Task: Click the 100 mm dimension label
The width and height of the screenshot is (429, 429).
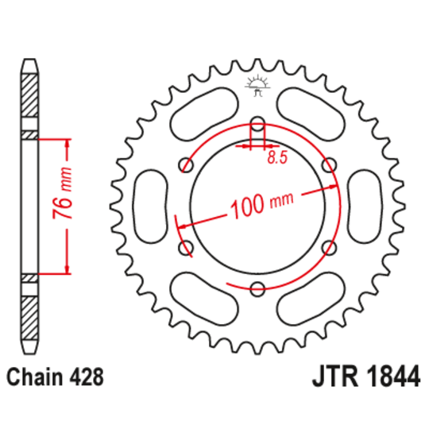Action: (x=258, y=207)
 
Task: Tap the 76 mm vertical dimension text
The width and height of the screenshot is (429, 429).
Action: (x=68, y=204)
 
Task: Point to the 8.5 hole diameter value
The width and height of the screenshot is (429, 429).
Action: (x=276, y=158)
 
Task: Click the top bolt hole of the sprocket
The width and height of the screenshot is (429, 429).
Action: (x=257, y=123)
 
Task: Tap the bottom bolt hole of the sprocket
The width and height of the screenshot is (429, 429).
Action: (x=257, y=289)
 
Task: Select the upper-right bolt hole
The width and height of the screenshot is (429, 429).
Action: (x=329, y=165)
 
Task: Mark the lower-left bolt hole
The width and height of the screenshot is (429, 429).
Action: (x=187, y=249)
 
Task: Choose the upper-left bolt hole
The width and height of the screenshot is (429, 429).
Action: (x=187, y=165)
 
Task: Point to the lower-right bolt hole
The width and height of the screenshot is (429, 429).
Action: (x=329, y=249)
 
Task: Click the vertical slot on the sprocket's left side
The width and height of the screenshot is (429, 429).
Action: (x=150, y=207)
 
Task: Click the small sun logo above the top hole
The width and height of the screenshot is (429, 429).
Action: (x=257, y=83)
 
